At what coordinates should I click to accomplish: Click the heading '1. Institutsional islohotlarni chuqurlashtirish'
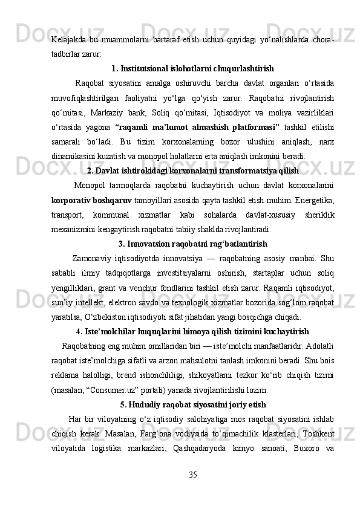tap(192, 68)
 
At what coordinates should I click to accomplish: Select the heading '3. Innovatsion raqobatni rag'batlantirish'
tap(192, 244)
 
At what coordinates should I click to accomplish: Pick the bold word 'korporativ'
tap(71, 200)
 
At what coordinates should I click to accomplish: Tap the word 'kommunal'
tap(122, 215)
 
